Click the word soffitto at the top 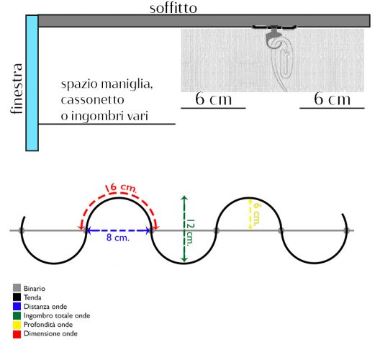173,8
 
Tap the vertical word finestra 17,89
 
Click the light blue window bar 32,83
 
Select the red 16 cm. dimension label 121,188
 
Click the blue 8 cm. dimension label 118,238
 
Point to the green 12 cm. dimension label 190,233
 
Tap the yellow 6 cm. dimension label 257,215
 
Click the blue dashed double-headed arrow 118,230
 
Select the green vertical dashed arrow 184,229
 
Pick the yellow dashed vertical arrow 250,213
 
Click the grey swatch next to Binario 17,288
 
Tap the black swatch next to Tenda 17,297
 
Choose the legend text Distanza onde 45,307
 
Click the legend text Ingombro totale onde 57,315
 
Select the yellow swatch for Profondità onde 17,325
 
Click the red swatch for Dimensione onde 17,334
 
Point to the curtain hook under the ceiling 279,58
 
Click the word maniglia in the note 127,84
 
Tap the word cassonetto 93,100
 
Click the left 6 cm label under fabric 213,99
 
